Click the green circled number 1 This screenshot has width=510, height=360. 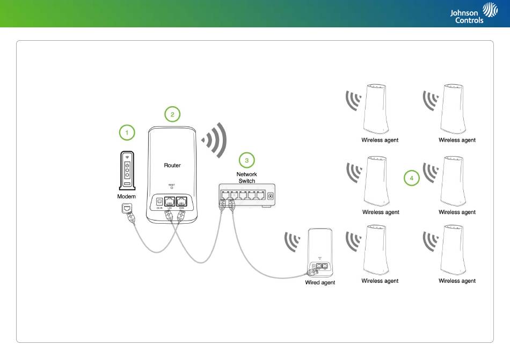pyautogui.click(x=127, y=132)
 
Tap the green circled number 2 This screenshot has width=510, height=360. pyautogui.click(x=172, y=114)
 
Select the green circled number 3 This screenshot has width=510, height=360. pyautogui.click(x=246, y=160)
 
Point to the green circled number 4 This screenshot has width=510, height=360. pyautogui.click(x=412, y=178)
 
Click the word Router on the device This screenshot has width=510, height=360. pyautogui.click(x=172, y=165)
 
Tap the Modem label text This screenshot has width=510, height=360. pyautogui.click(x=127, y=197)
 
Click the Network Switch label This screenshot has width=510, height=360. pyautogui.click(x=247, y=178)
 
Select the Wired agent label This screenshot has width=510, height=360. pyautogui.click(x=320, y=283)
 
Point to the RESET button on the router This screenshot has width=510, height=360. pyautogui.click(x=172, y=188)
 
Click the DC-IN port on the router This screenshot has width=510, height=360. pyautogui.click(x=159, y=202)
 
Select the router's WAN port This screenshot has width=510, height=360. pyautogui.click(x=181, y=202)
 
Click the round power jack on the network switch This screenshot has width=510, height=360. pyautogui.click(x=270, y=196)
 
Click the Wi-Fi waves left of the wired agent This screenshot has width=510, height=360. pyautogui.click(x=293, y=243)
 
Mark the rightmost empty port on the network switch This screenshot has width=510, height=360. pyautogui.click(x=260, y=195)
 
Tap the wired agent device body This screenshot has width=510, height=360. pyautogui.click(x=320, y=244)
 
